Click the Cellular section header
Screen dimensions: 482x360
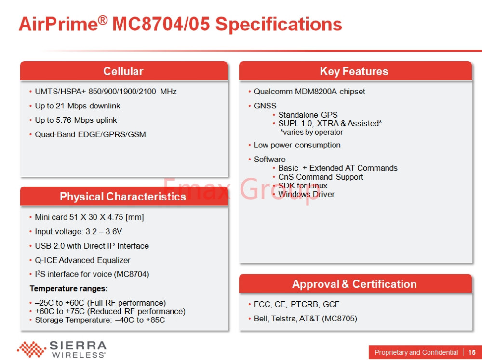click(123, 71)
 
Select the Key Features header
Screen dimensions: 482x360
click(354, 71)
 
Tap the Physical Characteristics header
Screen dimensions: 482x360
click(123, 197)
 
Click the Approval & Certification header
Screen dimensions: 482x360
click(354, 284)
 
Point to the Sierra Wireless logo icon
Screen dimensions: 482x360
click(31, 349)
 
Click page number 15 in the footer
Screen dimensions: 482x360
click(472, 352)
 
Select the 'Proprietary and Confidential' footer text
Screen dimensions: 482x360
click(416, 352)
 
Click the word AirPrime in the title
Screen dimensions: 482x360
click(58, 24)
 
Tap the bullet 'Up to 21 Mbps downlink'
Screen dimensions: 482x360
click(78, 106)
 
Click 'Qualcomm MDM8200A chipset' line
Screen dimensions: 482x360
click(309, 92)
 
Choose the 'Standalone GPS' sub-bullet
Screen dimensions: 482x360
click(308, 115)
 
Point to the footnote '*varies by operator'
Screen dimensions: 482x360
click(311, 132)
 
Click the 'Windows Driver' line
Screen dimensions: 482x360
click(306, 194)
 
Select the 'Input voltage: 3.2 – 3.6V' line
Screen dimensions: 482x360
click(79, 231)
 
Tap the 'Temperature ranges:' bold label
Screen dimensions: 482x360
click(68, 288)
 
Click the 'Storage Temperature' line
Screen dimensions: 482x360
click(100, 320)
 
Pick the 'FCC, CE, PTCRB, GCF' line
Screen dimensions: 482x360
click(296, 305)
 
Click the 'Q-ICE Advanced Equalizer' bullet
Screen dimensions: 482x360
click(83, 260)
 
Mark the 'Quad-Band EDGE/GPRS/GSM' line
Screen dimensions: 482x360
click(91, 134)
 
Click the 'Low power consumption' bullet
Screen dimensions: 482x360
click(297, 145)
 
